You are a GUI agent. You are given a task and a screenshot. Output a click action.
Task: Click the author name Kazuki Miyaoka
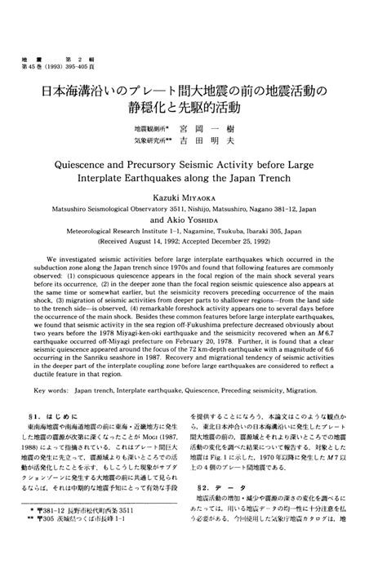point(193,200)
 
